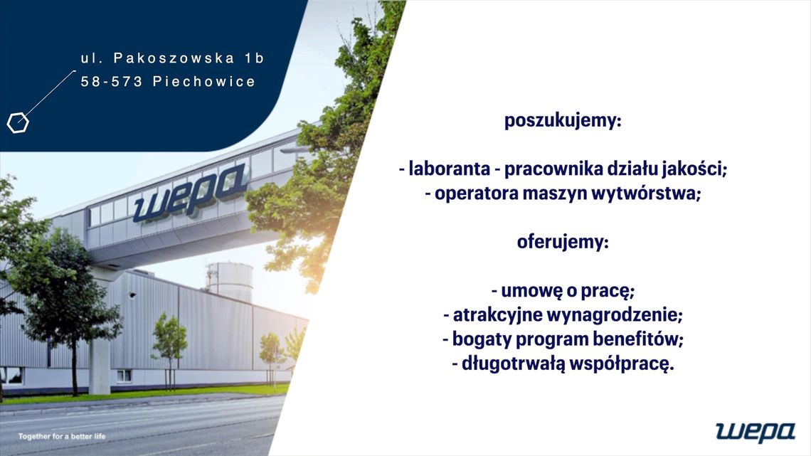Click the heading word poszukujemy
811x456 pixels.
coord(562,121)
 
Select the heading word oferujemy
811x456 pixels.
coord(562,243)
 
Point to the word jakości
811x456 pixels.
coord(696,169)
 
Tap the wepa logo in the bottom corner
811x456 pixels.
coord(755,431)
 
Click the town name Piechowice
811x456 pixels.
coord(204,82)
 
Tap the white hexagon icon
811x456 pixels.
coord(18,123)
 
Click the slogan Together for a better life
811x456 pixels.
coord(61,435)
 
